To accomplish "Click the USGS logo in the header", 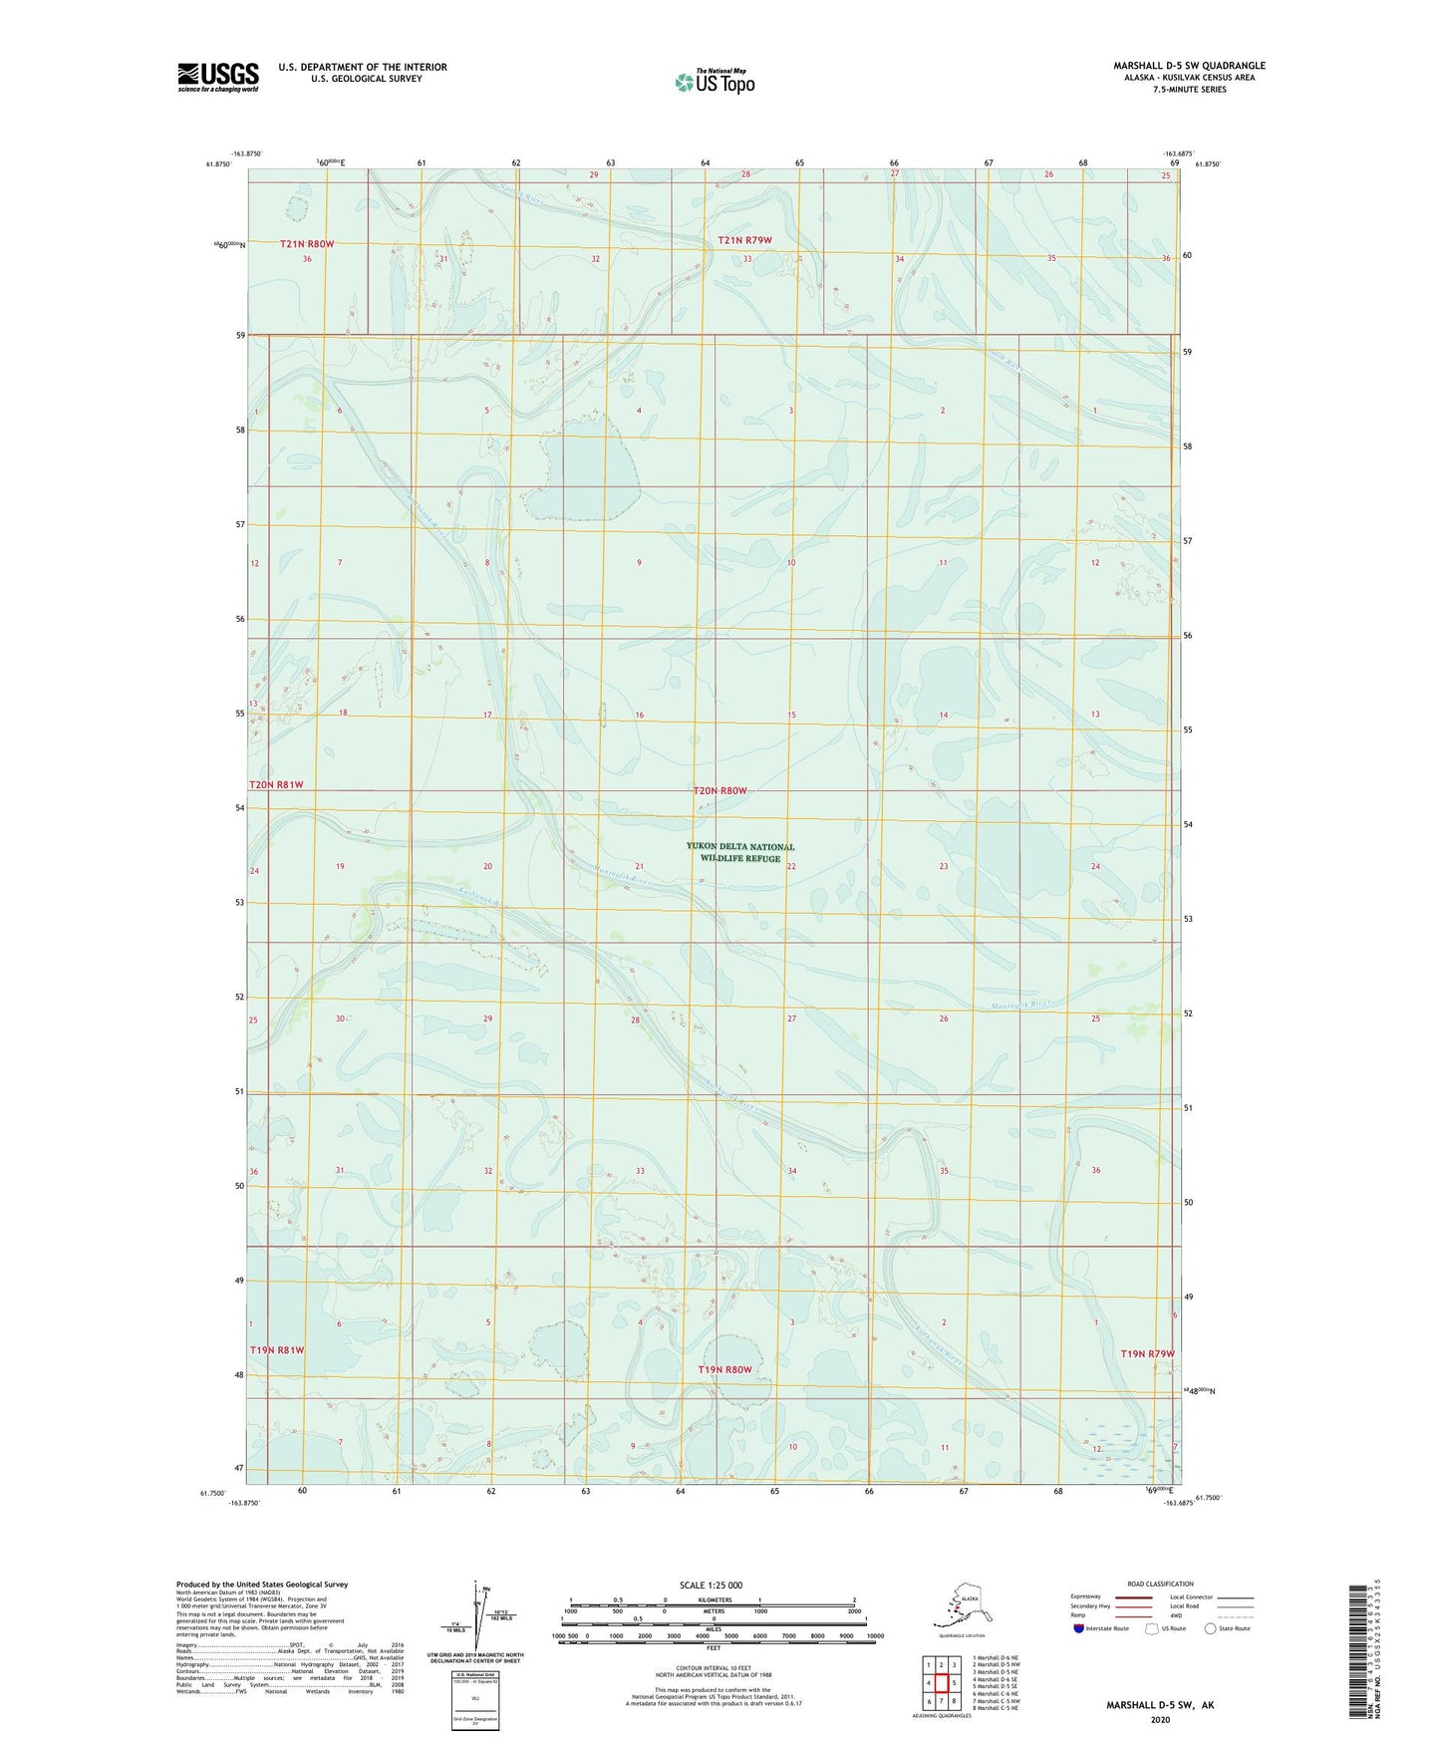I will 218,77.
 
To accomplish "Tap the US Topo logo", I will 715,82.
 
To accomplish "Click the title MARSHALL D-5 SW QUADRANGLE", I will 1189,66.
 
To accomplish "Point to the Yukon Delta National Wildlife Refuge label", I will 740,852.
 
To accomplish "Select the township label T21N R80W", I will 307,244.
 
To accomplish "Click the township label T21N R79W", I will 745,240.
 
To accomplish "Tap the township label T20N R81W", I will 276,785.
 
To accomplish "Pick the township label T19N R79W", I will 1147,1353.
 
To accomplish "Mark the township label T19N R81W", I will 276,1349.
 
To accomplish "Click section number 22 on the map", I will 791,866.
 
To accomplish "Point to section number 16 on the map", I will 639,716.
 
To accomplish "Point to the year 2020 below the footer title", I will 1160,1719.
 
